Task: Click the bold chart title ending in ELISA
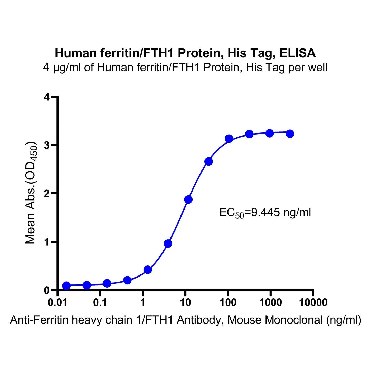[x=185, y=53]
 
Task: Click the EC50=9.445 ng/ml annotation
[x=265, y=213]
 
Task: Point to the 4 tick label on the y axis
[x=46, y=97]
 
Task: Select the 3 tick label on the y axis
[x=46, y=145]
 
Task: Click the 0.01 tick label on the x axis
[x=58, y=303]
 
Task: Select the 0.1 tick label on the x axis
[x=100, y=303]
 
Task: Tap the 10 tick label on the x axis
[x=185, y=303]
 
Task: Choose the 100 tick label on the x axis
[x=228, y=303]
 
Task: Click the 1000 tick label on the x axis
[x=270, y=303]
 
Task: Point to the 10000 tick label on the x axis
[x=313, y=303]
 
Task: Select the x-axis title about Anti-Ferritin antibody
[x=185, y=320]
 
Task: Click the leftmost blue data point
[x=66, y=286]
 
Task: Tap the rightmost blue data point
[x=290, y=134]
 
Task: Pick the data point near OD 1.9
[x=188, y=199]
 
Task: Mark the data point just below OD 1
[x=168, y=244]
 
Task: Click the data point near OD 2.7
[x=208, y=161]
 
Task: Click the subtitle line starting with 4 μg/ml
[x=185, y=68]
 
